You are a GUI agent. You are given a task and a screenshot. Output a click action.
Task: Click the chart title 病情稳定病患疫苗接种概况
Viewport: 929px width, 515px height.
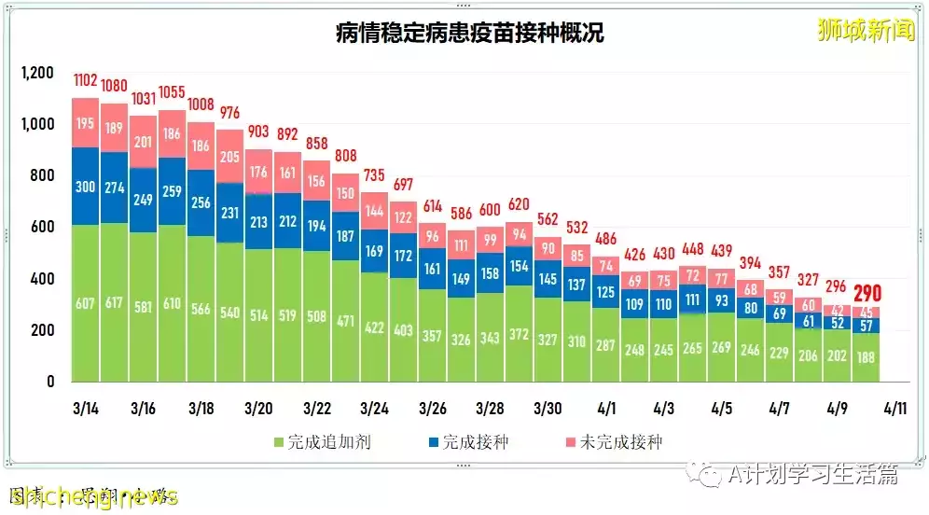(469, 35)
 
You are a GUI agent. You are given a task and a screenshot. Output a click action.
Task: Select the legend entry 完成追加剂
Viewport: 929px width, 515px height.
(322, 441)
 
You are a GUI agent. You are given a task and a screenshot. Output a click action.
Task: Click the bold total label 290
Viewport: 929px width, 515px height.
(867, 293)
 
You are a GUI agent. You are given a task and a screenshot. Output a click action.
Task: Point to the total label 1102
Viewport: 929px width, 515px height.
(85, 81)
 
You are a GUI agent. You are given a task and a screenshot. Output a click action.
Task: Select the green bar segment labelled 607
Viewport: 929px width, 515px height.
(85, 303)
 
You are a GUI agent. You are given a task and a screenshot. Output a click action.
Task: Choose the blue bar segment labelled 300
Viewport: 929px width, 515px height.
(85, 187)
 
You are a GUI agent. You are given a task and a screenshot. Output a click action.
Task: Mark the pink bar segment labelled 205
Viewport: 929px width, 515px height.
(229, 157)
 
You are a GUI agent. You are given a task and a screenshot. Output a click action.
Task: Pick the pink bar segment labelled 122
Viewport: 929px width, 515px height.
(403, 217)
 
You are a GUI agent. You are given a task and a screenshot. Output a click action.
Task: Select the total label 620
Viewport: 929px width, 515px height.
(519, 204)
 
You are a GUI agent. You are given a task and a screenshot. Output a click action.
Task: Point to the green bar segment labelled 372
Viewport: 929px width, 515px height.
(519, 334)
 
